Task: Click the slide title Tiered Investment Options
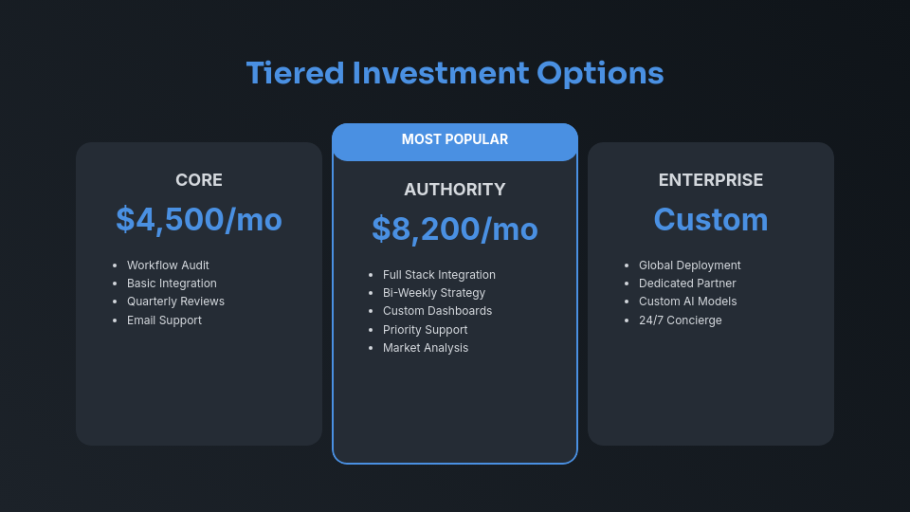pyautogui.click(x=455, y=73)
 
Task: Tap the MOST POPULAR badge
pyautogui.click(x=455, y=139)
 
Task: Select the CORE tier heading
pyautogui.click(x=199, y=180)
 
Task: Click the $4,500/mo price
pyautogui.click(x=199, y=219)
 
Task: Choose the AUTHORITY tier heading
pyautogui.click(x=455, y=190)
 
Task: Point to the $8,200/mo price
pyautogui.click(x=455, y=229)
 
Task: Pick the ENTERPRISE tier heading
pyautogui.click(x=711, y=180)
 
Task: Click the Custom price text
pyautogui.click(x=711, y=219)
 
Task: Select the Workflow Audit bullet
pyautogui.click(x=168, y=265)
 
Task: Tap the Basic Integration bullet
pyautogui.click(x=172, y=283)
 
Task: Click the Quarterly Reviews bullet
pyautogui.click(x=175, y=302)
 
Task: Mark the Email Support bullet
pyautogui.click(x=164, y=320)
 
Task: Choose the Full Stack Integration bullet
pyautogui.click(x=439, y=275)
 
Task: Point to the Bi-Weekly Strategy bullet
pyautogui.click(x=434, y=293)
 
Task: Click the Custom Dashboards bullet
pyautogui.click(x=437, y=311)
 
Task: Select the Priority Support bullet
pyautogui.click(x=425, y=330)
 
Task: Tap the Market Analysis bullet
pyautogui.click(x=426, y=348)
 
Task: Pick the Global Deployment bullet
pyautogui.click(x=690, y=265)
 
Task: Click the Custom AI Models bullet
pyautogui.click(x=687, y=302)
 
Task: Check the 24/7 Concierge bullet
pyautogui.click(x=681, y=320)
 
